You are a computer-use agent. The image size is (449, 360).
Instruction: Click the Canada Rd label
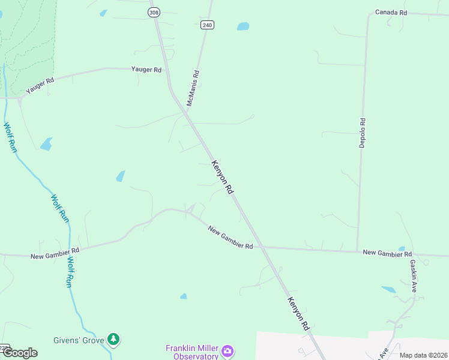(391, 12)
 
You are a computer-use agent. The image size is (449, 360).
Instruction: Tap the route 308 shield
(154, 11)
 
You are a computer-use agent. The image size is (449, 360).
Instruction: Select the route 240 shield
(207, 25)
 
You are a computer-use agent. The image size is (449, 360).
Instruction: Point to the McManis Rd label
(193, 88)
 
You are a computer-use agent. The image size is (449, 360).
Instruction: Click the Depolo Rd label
(362, 133)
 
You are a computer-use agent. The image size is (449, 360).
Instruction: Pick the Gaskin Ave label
(413, 275)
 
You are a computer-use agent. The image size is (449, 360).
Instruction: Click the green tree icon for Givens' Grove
(113, 340)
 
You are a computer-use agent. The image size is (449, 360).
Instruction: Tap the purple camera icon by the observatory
(228, 350)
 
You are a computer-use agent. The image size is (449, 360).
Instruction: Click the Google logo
(19, 353)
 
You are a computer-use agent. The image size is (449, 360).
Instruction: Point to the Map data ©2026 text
(423, 355)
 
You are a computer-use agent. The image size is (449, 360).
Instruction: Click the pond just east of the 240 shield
(243, 26)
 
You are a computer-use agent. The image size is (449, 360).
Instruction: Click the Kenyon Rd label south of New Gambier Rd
(298, 313)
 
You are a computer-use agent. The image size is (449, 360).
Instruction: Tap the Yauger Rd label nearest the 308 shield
(146, 70)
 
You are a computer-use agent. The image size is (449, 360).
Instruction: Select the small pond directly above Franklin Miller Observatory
(183, 296)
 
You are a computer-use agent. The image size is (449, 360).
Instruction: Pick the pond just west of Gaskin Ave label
(388, 289)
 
